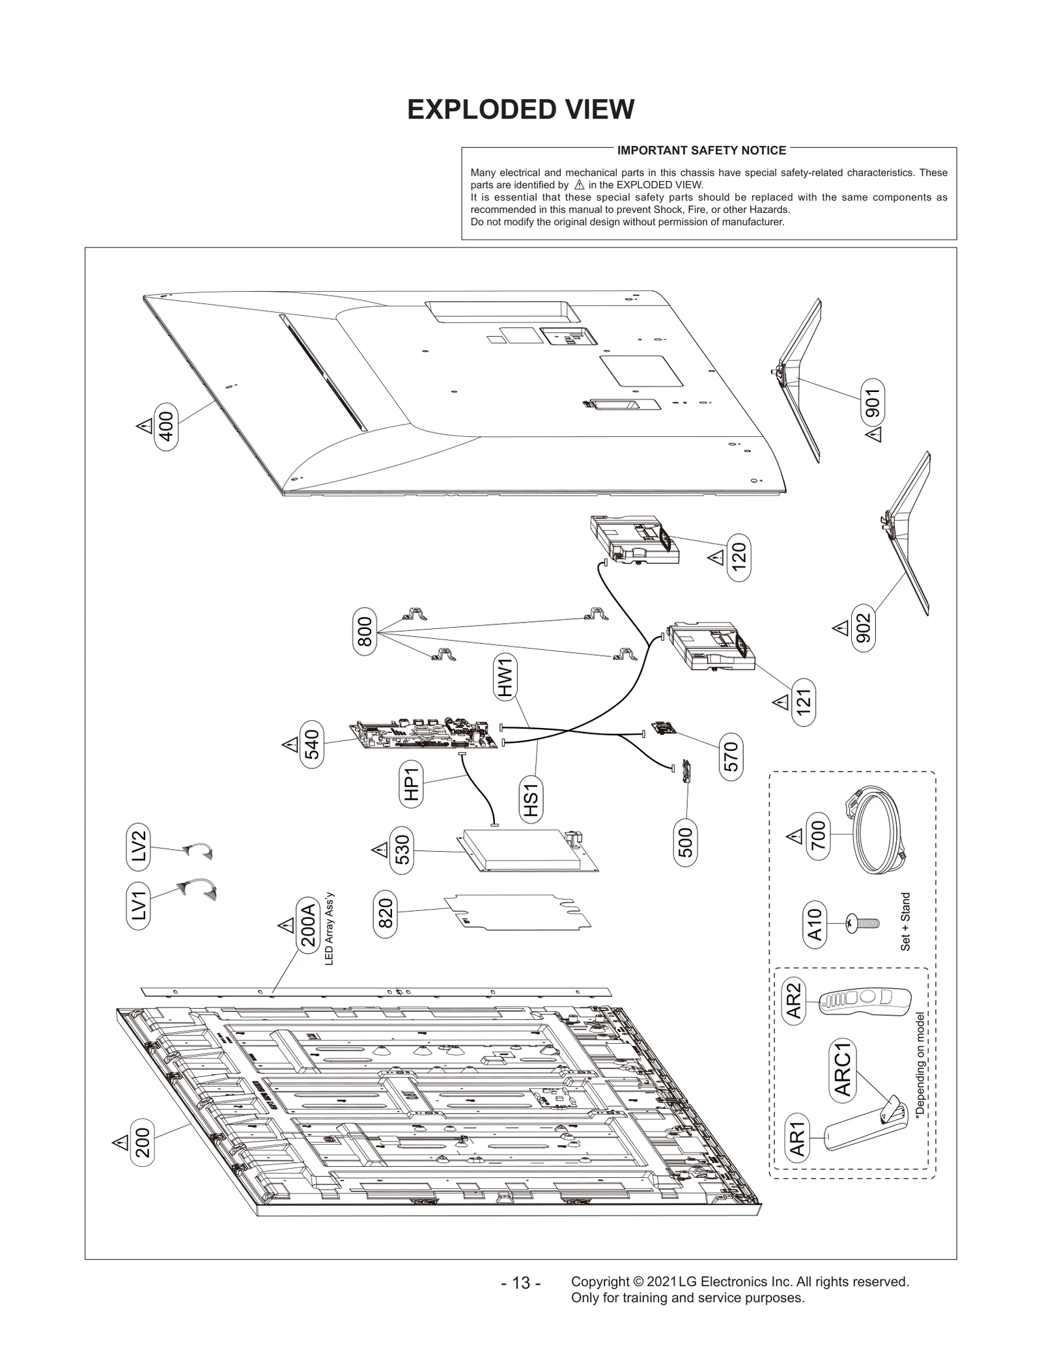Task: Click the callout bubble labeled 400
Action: pos(166,426)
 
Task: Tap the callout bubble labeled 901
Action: pos(873,403)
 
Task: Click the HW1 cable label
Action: pos(507,677)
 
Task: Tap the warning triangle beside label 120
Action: pos(715,559)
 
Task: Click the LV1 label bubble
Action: pos(138,906)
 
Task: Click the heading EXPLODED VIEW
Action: pos(520,109)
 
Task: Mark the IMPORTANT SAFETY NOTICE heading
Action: pos(701,150)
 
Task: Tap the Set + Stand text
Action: pos(905,922)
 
